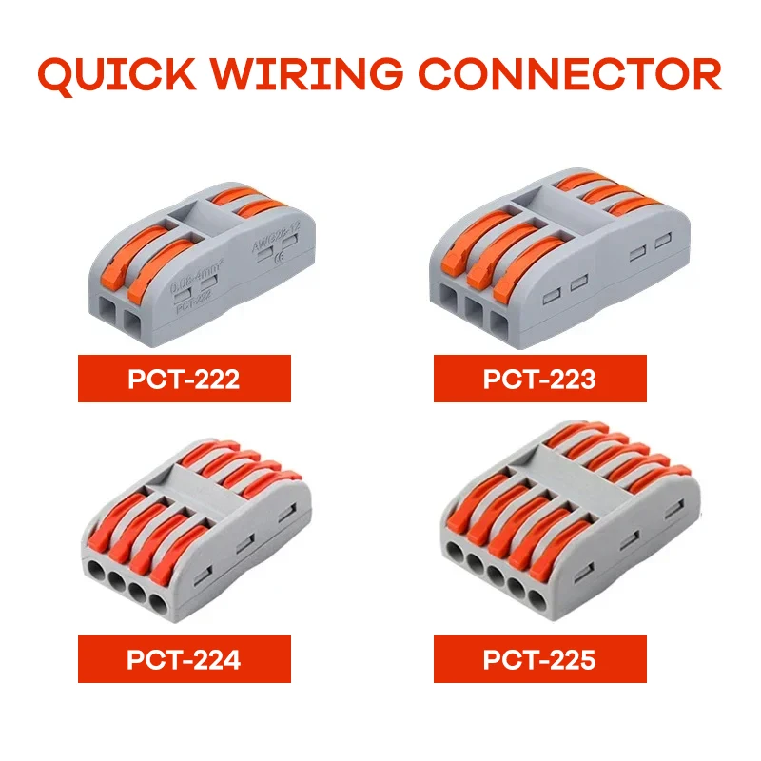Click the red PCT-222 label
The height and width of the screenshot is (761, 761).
pos(184,379)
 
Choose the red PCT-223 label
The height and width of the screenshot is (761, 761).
pos(539,379)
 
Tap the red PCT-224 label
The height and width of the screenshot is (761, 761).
pos(184,659)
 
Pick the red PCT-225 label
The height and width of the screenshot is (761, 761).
pos(539,659)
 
